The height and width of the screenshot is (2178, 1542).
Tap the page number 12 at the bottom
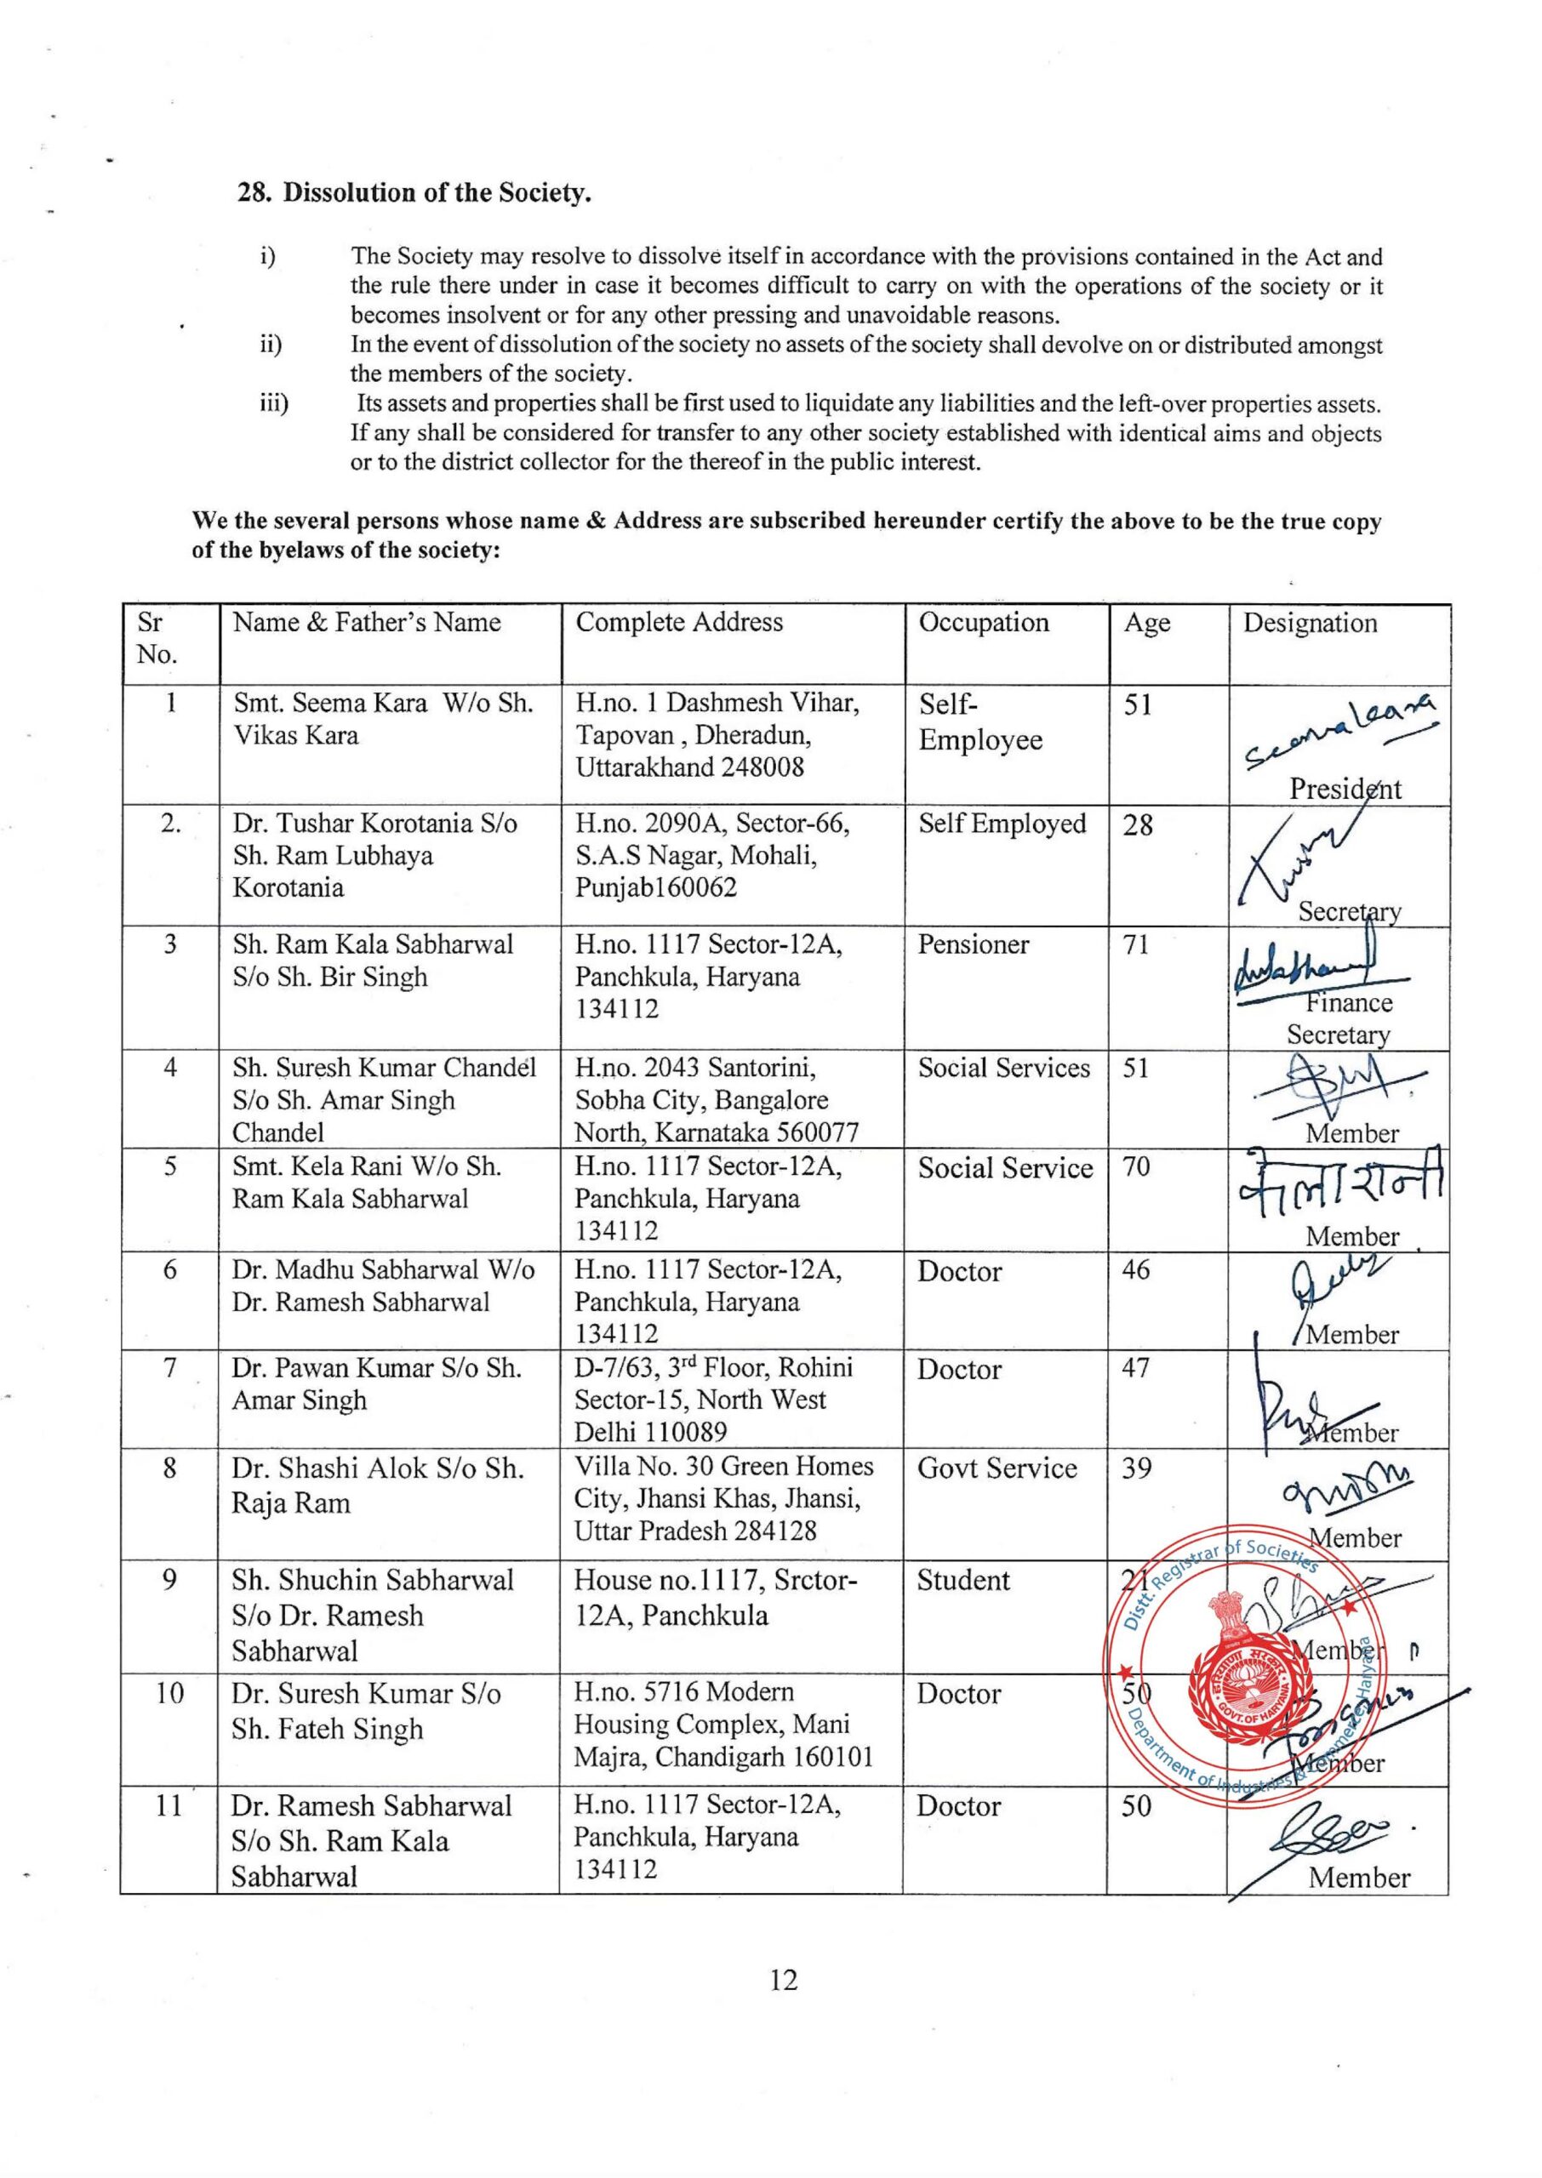[x=784, y=1979]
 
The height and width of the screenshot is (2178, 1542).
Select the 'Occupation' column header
[x=983, y=623]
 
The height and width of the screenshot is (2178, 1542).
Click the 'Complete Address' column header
[x=679, y=623]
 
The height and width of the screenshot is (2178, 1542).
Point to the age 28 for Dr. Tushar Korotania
[x=1138, y=824]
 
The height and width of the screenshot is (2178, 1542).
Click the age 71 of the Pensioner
[x=1137, y=945]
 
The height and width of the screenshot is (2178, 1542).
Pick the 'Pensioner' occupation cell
[x=974, y=945]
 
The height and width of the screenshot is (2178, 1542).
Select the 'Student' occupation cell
[x=962, y=1580]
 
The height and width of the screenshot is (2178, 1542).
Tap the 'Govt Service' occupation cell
[x=997, y=1468]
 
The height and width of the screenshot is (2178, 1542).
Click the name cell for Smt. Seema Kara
[x=383, y=720]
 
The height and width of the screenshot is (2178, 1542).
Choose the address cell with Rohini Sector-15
[x=713, y=1399]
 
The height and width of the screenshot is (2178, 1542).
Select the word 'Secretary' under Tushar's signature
[x=1348, y=911]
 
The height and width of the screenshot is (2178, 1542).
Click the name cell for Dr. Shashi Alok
[x=377, y=1485]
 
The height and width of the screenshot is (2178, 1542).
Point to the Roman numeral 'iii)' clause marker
[x=273, y=404]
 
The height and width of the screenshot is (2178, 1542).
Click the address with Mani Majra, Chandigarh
[x=722, y=1725]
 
